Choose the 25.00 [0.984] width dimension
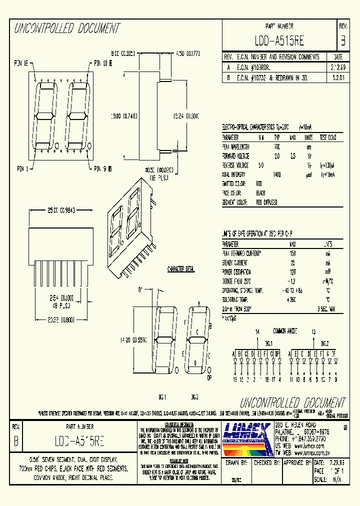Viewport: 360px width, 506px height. click(x=52, y=210)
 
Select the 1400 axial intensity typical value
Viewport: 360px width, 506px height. click(x=276, y=174)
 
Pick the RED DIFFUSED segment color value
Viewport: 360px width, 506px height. click(x=266, y=202)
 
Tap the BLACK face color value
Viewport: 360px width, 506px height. click(x=260, y=193)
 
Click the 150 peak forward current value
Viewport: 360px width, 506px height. click(x=293, y=253)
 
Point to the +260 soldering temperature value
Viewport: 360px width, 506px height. click(x=292, y=299)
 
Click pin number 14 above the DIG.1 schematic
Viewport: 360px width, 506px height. click(x=257, y=331)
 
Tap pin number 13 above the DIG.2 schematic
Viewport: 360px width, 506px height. click(x=313, y=331)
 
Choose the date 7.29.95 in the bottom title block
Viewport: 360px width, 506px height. click(x=337, y=463)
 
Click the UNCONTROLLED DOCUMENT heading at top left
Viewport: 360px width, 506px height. click(x=67, y=28)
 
